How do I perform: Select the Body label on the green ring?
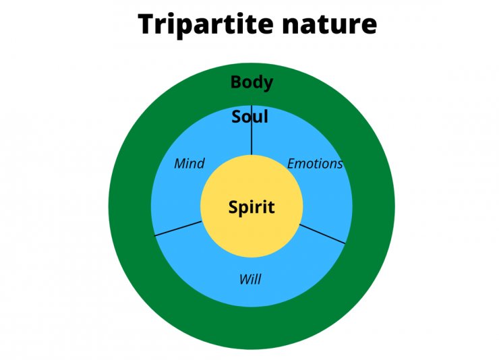[x=252, y=82]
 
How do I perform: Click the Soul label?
[x=250, y=117]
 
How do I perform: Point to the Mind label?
[x=189, y=163]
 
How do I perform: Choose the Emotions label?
[x=315, y=163]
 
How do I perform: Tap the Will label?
[x=250, y=279]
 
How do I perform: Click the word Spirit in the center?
[x=252, y=207]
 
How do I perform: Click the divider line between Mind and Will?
[x=178, y=228]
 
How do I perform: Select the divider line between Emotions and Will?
[x=324, y=233]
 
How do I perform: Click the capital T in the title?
[x=147, y=25]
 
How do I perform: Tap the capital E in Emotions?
[x=291, y=163]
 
